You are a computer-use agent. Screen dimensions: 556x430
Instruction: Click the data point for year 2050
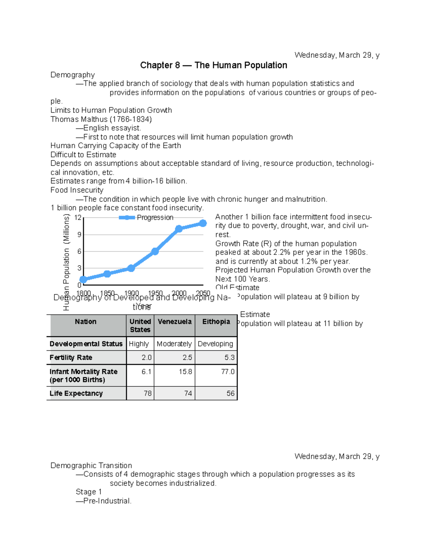[203, 223]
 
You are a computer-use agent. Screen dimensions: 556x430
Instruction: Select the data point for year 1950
[155, 251]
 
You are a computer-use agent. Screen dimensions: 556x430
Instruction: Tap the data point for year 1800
[83, 280]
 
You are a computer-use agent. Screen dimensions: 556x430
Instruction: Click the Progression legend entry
[146, 217]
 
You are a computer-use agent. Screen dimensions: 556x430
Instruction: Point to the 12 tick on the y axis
[78, 218]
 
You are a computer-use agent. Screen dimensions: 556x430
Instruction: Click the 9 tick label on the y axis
[79, 235]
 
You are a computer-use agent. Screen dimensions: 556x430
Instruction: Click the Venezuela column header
[175, 321]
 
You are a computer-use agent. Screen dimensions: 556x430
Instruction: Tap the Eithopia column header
[216, 321]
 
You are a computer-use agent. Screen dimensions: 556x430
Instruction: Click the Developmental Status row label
[86, 344]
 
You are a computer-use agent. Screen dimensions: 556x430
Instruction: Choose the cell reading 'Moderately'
[174, 344]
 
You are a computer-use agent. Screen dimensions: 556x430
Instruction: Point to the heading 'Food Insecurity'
[77, 190]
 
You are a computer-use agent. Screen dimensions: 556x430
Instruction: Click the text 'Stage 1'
[89, 492]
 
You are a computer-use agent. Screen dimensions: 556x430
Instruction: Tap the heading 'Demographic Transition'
[91, 465]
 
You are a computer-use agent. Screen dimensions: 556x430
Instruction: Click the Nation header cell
[86, 321]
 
